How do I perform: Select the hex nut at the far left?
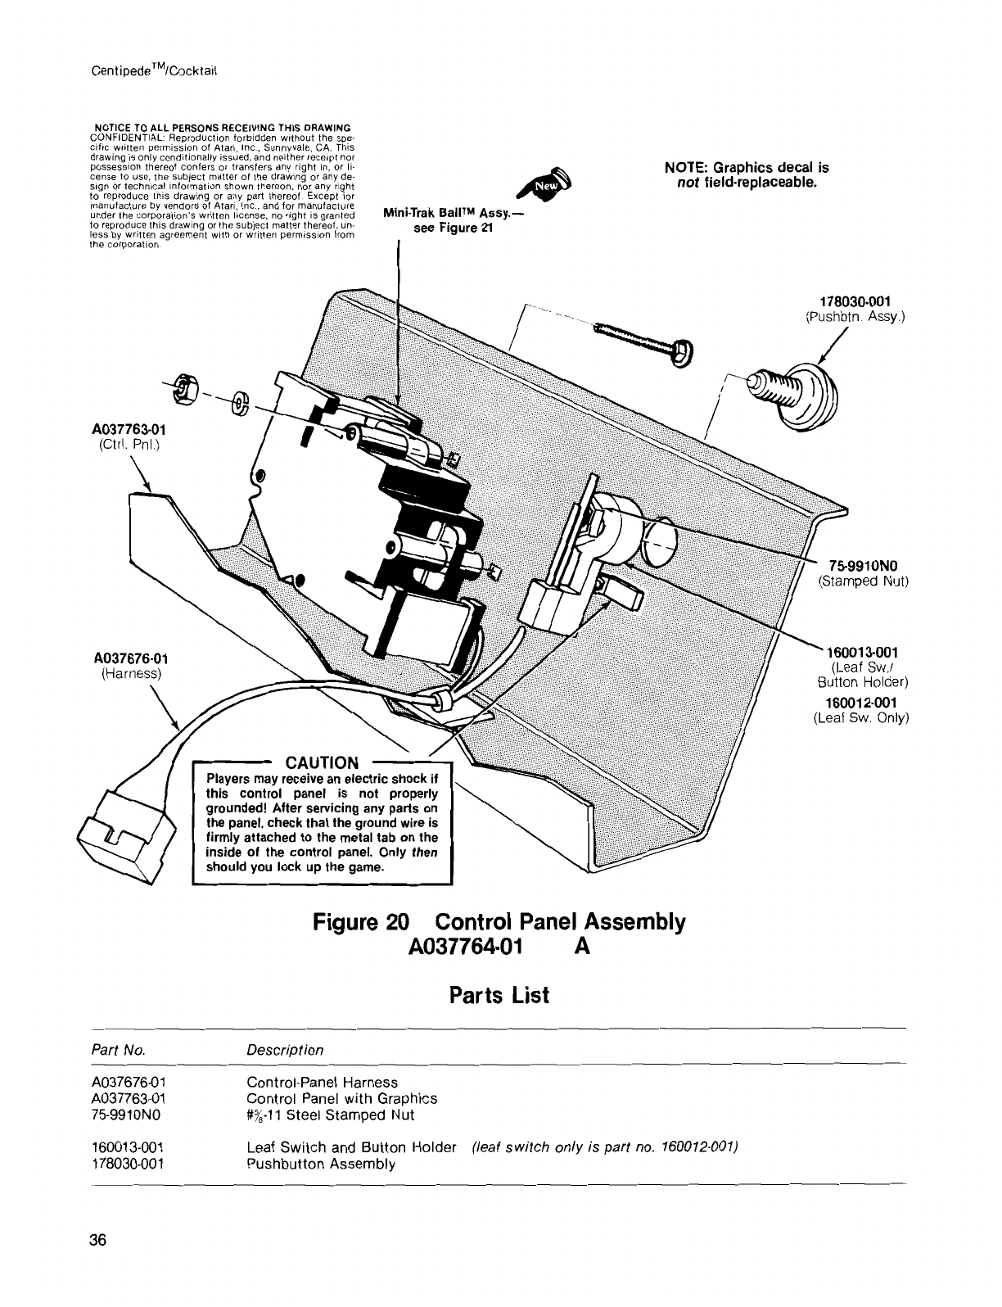pos(183,391)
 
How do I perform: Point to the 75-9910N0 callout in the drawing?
pos(864,566)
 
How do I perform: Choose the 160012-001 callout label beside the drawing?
pos(861,702)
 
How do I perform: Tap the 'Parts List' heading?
pos(499,995)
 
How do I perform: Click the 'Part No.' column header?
pos(118,1050)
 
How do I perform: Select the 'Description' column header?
pos(285,1050)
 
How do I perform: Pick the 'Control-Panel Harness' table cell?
pos(322,1083)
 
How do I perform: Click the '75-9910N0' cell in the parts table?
pos(127,1115)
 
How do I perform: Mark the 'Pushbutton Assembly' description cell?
pos(321,1163)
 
